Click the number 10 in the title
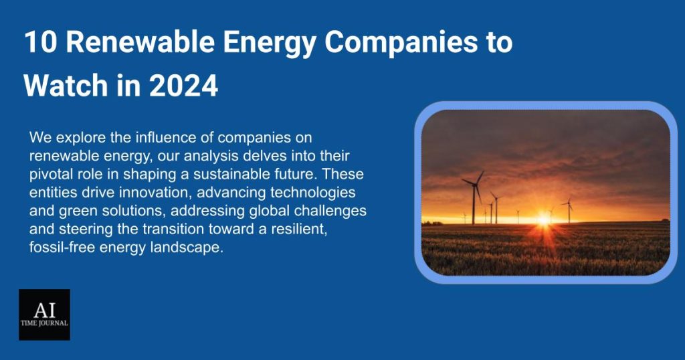point(40,42)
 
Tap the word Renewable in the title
point(140,42)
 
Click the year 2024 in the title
point(183,85)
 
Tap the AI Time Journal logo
point(44,314)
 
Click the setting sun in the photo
point(543,218)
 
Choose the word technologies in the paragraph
point(313,193)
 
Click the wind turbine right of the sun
point(568,210)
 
